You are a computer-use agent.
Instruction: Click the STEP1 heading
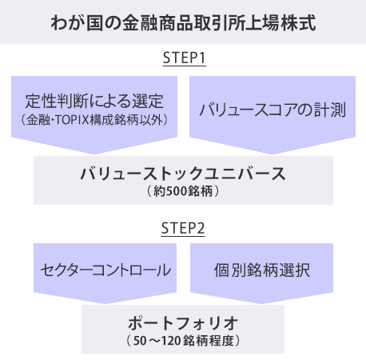click(x=185, y=58)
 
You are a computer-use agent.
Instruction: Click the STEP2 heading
click(x=183, y=228)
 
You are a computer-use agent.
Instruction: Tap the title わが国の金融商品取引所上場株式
click(x=183, y=22)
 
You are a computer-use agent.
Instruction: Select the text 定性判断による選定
click(x=94, y=101)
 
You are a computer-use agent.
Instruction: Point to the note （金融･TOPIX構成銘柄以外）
click(x=94, y=120)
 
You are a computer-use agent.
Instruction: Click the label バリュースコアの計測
click(x=273, y=110)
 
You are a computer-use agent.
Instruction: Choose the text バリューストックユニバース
click(x=183, y=174)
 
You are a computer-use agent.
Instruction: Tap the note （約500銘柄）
click(x=183, y=191)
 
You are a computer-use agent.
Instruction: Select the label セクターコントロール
click(x=105, y=270)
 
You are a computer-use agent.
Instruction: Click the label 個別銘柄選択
click(x=262, y=270)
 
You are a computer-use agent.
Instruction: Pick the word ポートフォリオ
click(x=183, y=323)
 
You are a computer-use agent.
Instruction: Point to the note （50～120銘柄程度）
click(x=183, y=341)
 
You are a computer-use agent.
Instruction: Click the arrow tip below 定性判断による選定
click(x=94, y=154)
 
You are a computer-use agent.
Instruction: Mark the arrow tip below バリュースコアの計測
click(x=273, y=154)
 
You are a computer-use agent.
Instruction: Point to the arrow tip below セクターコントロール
click(x=105, y=303)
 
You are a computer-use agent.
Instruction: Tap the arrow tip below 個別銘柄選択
click(x=261, y=303)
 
